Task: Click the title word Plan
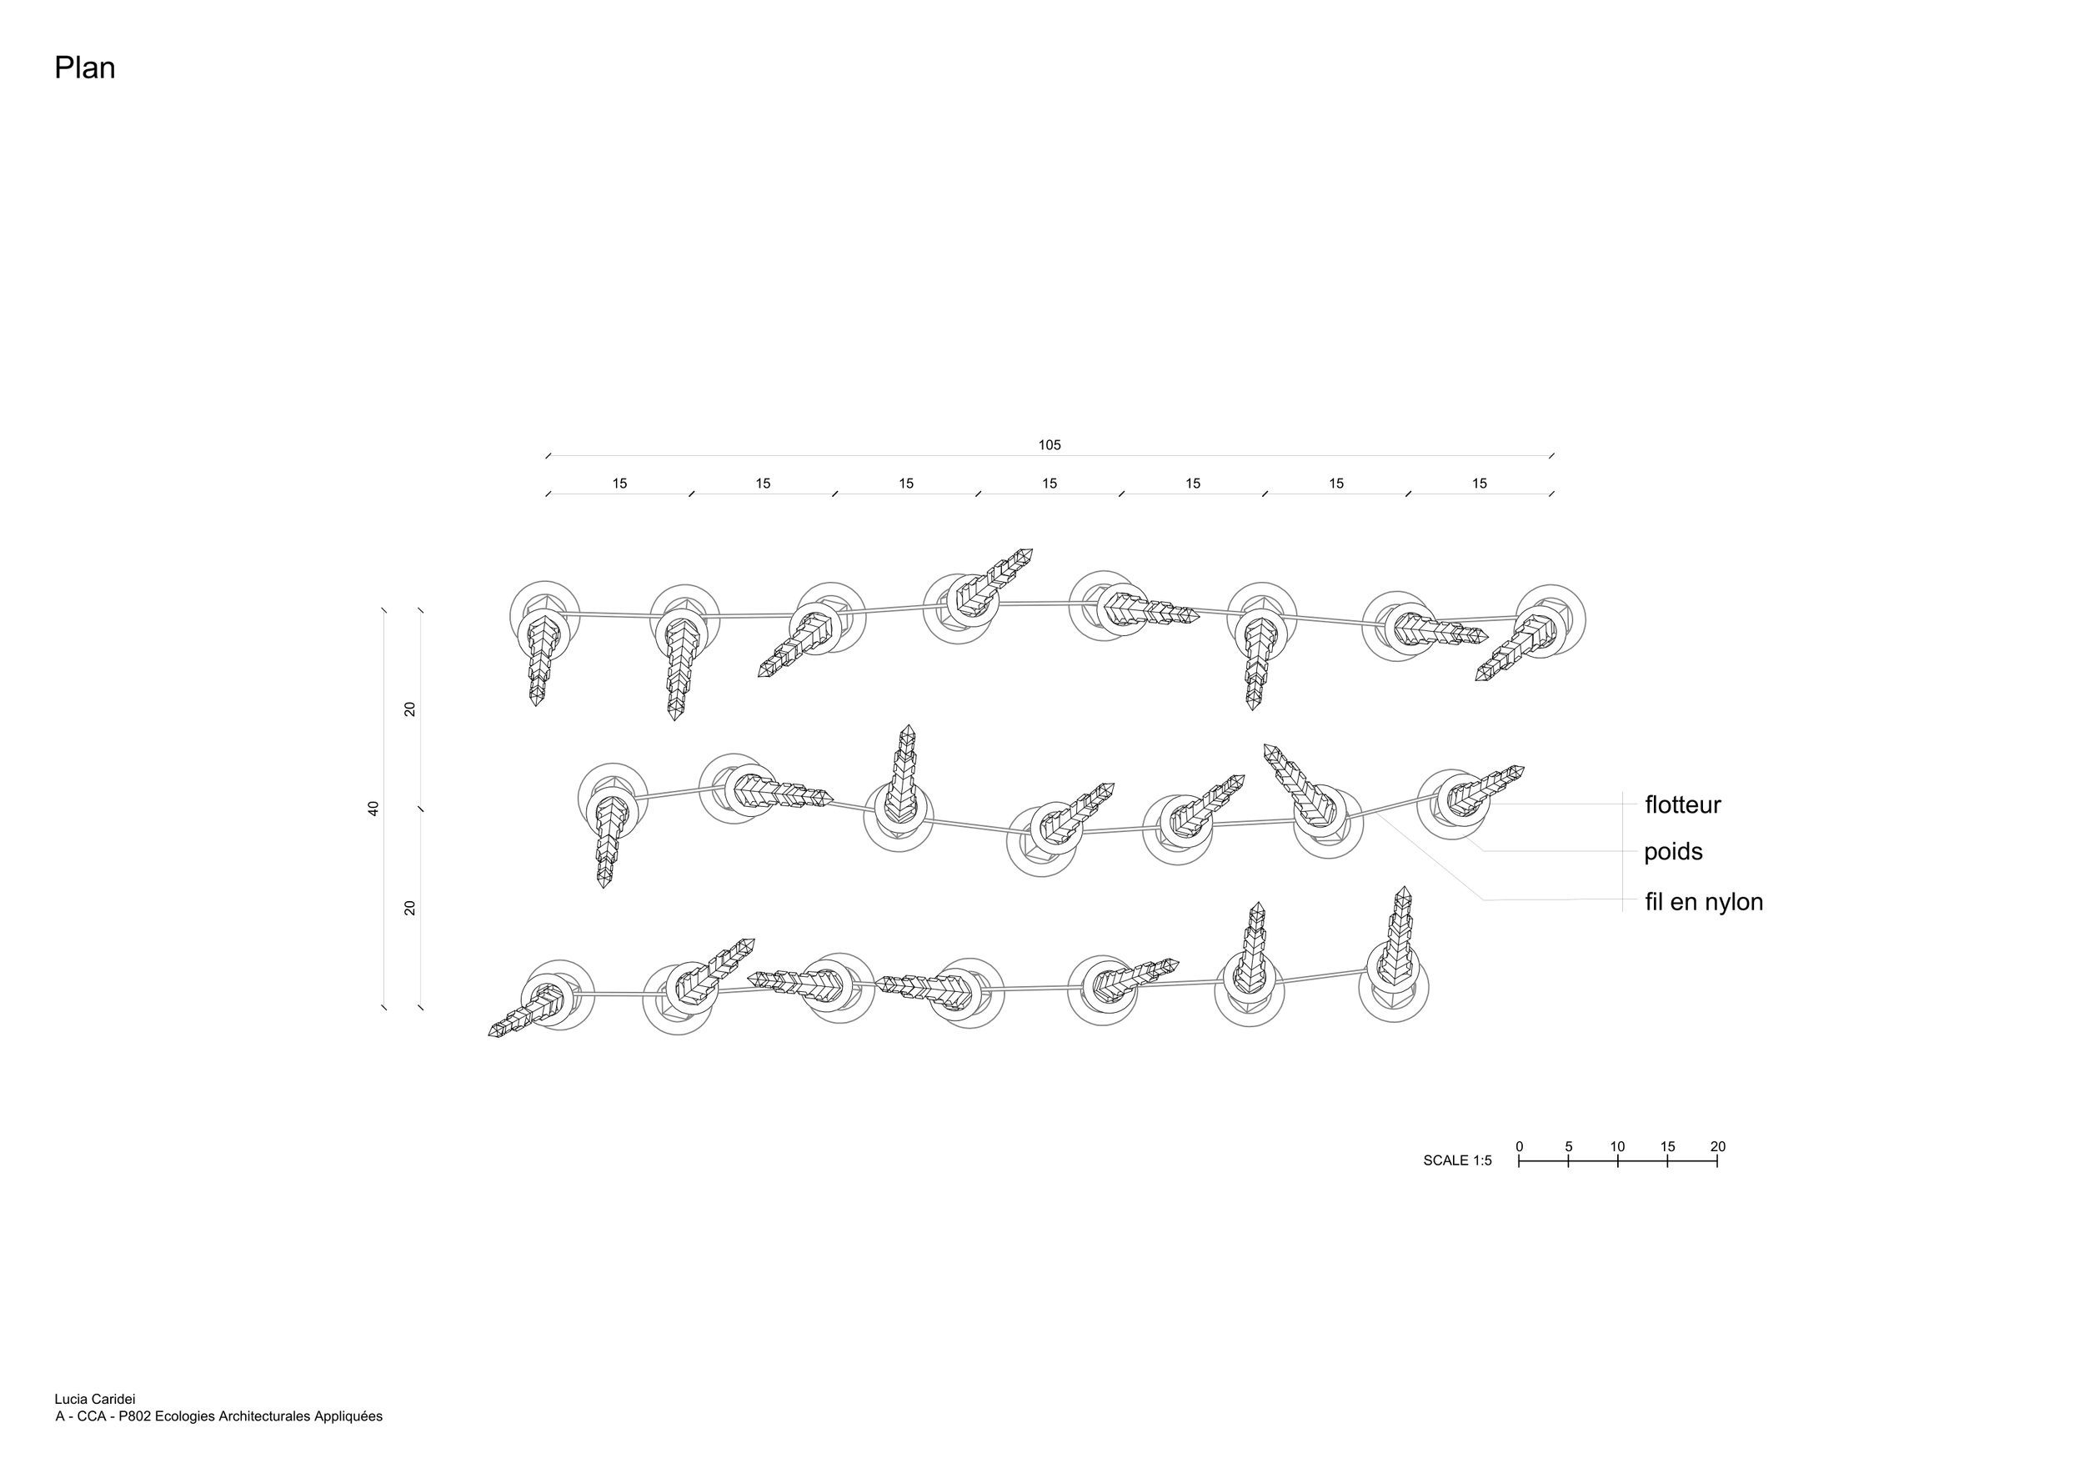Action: pos(84,68)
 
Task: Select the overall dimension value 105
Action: pos(1050,444)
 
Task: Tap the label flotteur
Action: pos(1683,805)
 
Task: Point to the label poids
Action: pos(1673,852)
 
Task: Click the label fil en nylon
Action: pos(1704,902)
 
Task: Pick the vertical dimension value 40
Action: pos(373,809)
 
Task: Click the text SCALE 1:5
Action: pos(1457,1160)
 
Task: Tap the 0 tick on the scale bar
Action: pos(1520,1147)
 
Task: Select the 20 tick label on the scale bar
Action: pos(1717,1147)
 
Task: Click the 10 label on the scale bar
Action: pos(1617,1147)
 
